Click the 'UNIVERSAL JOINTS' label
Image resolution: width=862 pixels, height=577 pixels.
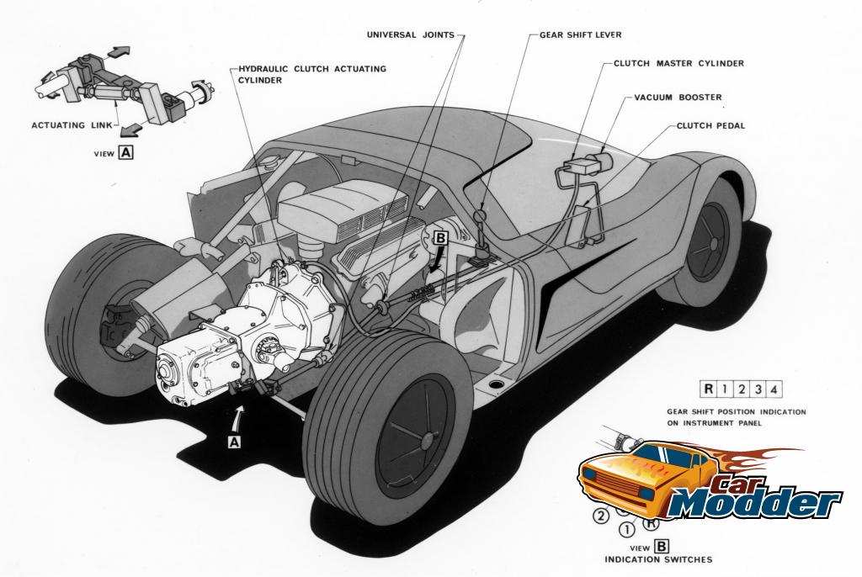[x=411, y=35]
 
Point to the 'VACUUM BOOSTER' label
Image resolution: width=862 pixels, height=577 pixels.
[x=678, y=98]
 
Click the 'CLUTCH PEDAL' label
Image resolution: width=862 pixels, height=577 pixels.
[x=710, y=126]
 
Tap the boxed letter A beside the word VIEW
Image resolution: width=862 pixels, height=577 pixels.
[x=126, y=153]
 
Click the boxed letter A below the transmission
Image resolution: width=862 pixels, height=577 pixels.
[x=234, y=440]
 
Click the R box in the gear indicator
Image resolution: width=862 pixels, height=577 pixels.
[x=709, y=389]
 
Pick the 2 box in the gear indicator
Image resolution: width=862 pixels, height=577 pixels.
[x=742, y=389]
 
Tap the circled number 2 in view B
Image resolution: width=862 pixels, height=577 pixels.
[x=601, y=516]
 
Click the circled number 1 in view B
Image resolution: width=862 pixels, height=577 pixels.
[x=625, y=530]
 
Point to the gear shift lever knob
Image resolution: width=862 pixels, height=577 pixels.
[x=480, y=218]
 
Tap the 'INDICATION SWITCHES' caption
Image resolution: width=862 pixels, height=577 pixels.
[x=658, y=558]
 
